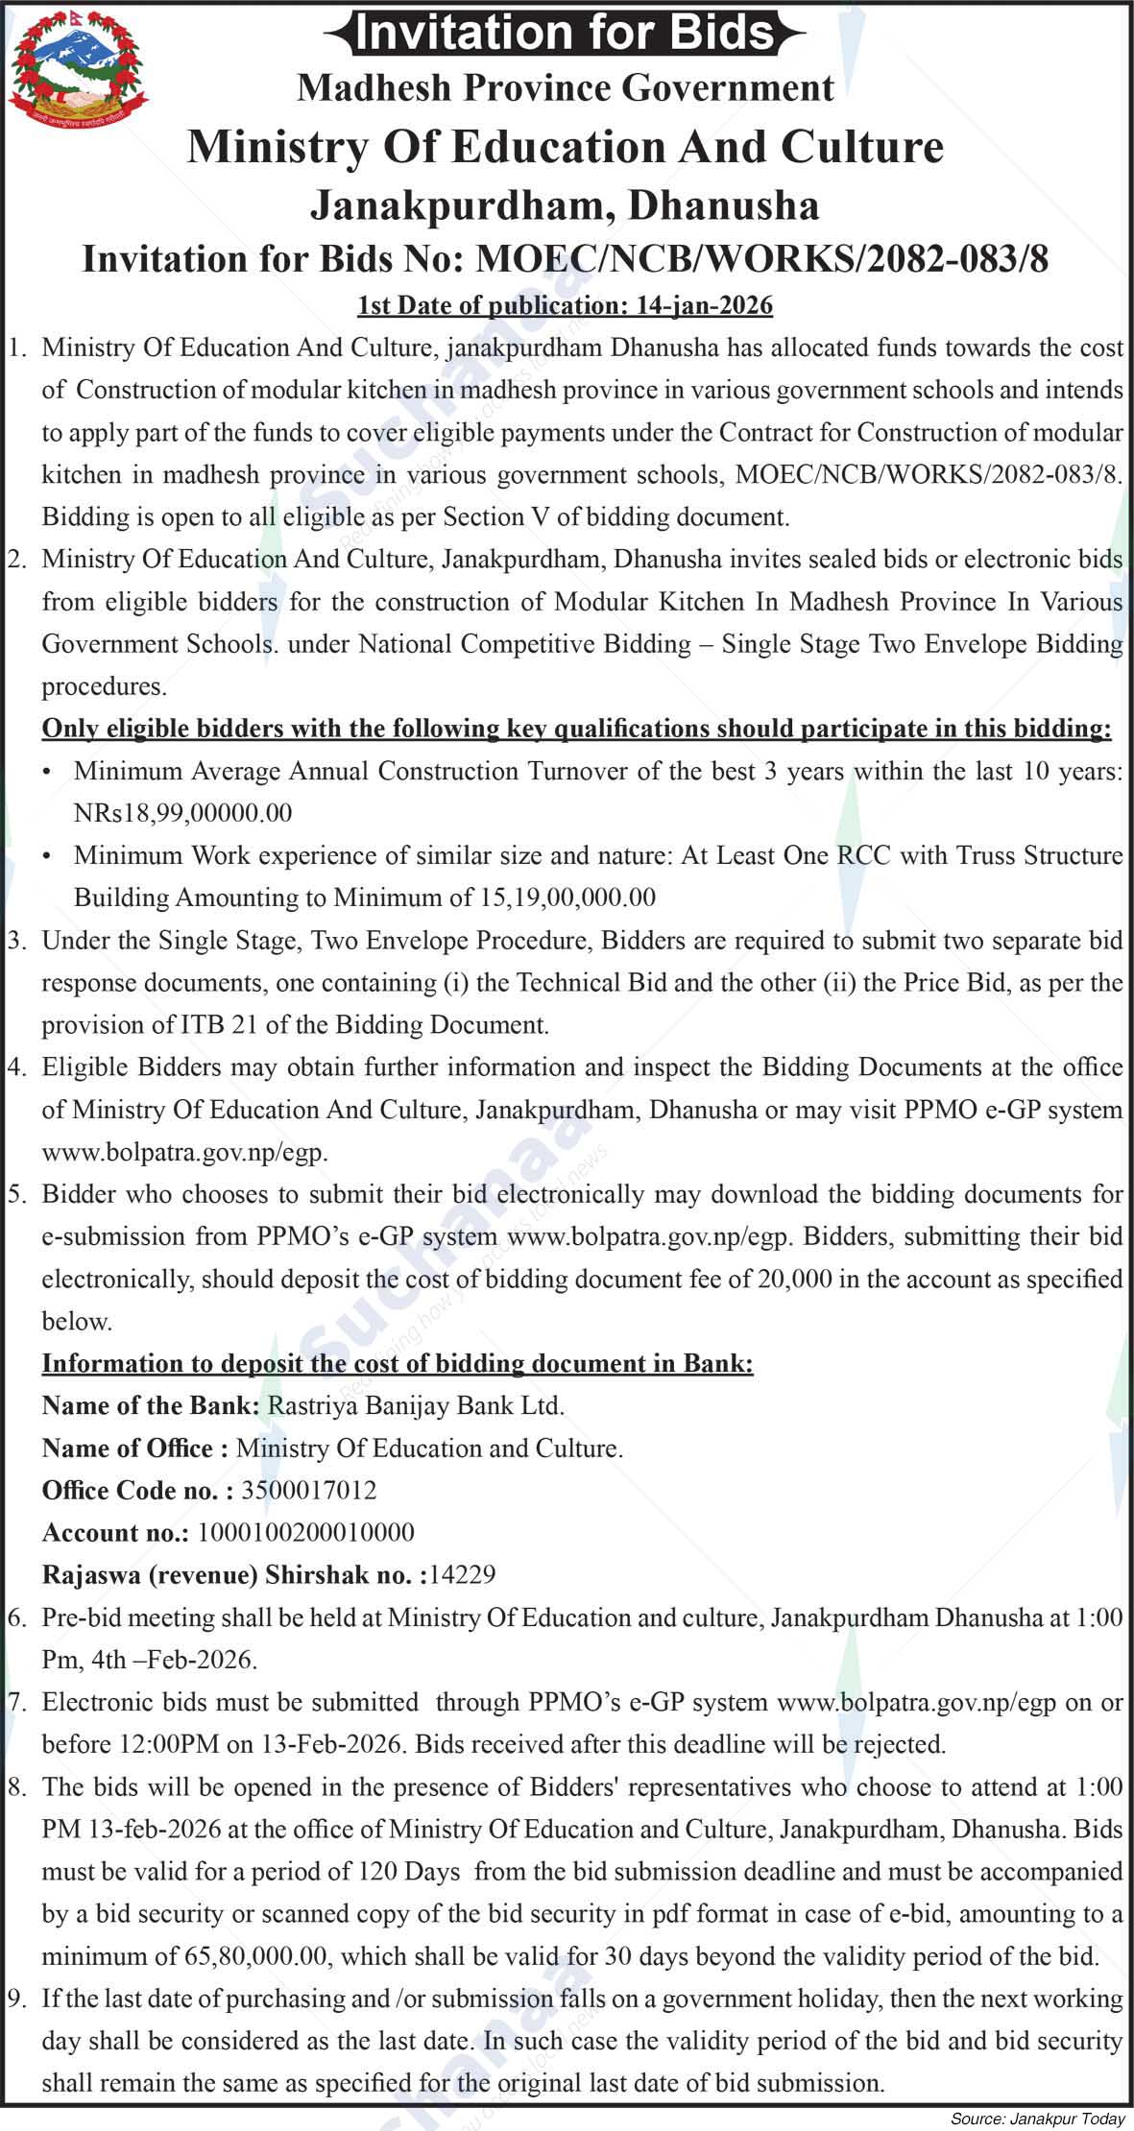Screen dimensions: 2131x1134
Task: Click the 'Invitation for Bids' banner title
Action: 565,33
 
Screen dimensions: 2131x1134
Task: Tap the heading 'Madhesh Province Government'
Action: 565,87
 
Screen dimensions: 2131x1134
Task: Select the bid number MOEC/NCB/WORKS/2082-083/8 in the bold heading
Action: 762,259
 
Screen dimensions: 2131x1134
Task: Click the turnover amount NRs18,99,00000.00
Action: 182,813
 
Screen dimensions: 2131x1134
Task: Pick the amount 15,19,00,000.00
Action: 566,898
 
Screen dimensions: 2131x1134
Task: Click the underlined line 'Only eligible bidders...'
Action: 576,729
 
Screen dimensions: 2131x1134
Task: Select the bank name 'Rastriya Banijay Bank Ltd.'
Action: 416,1405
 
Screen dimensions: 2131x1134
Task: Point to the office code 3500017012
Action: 308,1490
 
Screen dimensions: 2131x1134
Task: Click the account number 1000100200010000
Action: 305,1532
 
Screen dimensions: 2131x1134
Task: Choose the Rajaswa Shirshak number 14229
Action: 463,1574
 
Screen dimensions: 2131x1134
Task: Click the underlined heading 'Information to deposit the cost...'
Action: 398,1363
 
